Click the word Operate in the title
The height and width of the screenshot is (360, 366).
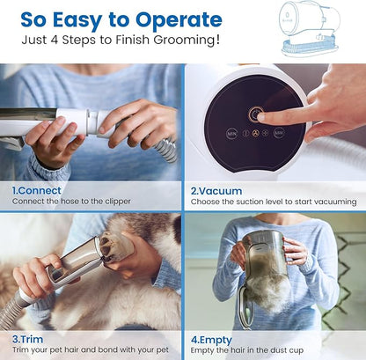point(179,20)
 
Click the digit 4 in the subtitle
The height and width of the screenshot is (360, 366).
point(55,40)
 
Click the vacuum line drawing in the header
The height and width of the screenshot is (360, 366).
point(309,28)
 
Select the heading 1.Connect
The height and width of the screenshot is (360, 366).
point(37,190)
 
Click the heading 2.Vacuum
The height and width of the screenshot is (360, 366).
point(216,191)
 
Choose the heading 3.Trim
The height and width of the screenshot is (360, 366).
point(27,339)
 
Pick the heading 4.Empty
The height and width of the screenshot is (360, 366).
point(211,341)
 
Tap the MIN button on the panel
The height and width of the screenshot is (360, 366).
point(231,134)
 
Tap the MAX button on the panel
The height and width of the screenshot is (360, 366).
point(279,133)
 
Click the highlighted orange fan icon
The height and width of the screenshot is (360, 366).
point(256,134)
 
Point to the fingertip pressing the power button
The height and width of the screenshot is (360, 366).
point(261,117)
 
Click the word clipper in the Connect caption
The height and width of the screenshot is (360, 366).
point(118,202)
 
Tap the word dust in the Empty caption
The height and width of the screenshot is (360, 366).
point(278,350)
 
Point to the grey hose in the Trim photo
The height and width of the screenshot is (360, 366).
point(16,307)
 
